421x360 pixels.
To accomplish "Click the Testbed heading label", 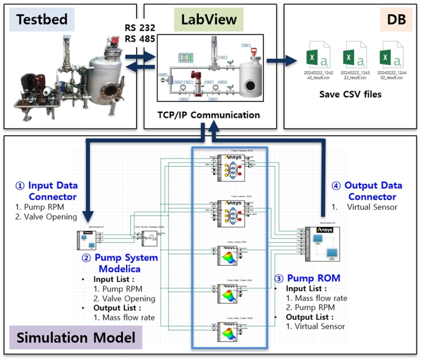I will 42,19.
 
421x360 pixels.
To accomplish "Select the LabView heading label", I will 209,19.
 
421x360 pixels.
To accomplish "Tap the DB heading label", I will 396,19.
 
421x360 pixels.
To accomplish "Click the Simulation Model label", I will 76,338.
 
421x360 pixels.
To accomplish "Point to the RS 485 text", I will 140,39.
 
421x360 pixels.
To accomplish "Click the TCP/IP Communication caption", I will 209,115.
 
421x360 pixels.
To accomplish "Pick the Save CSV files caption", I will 350,94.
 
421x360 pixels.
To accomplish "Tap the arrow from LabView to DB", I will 281,60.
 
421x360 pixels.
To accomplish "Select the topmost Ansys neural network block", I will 231,168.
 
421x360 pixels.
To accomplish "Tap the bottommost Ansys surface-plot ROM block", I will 231,331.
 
